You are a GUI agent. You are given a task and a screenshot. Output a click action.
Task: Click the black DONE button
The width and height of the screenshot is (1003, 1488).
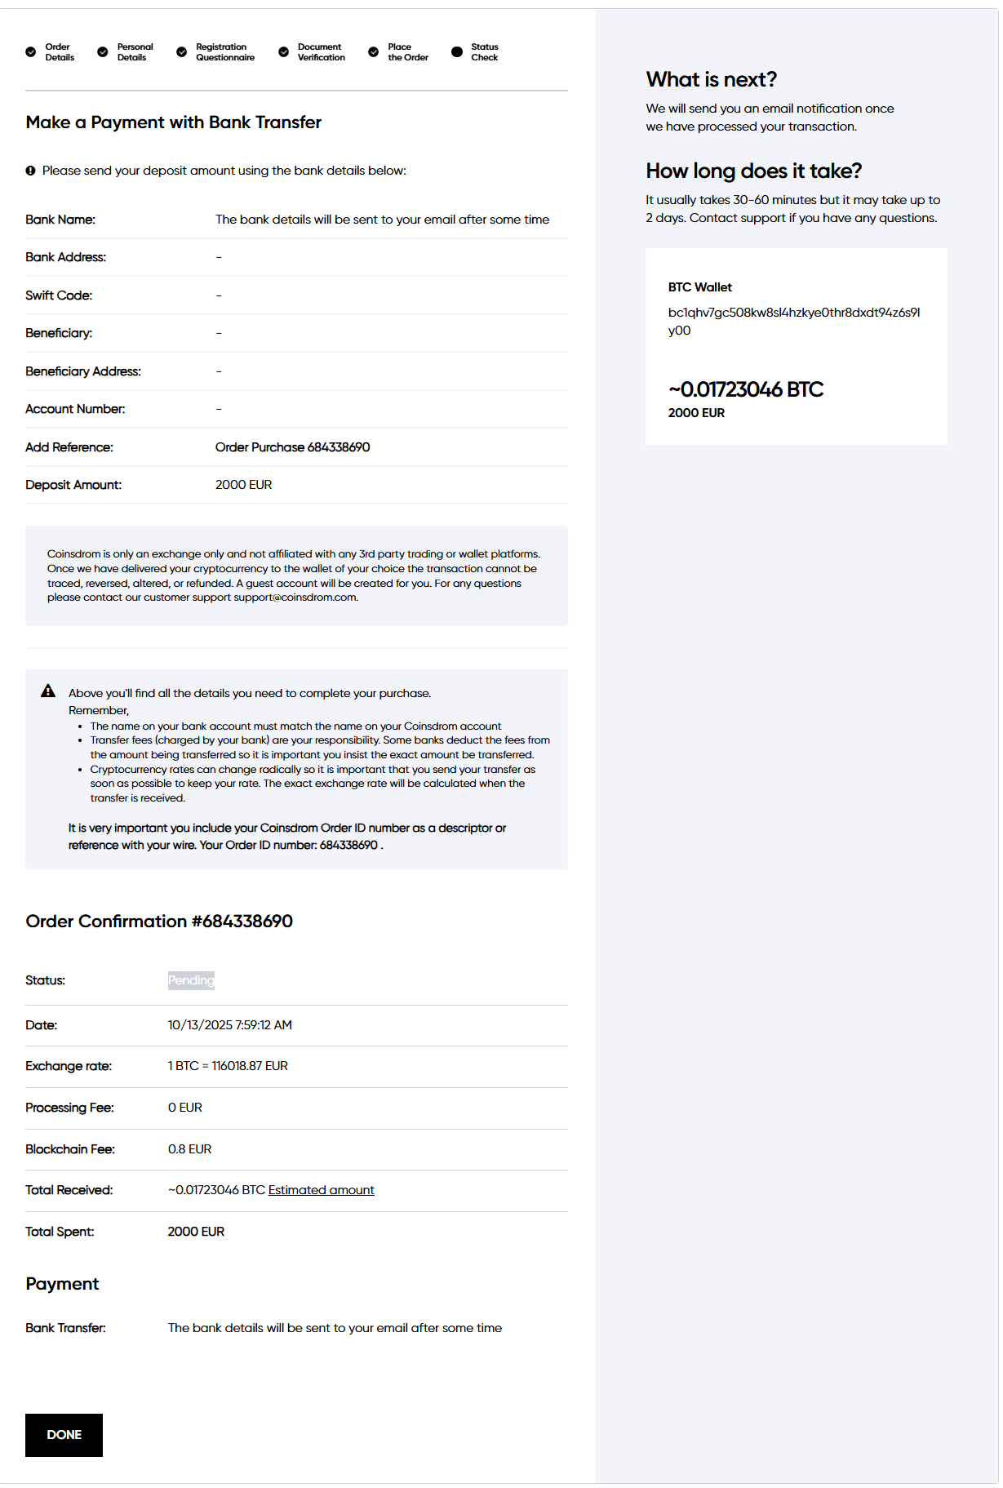[x=64, y=1435]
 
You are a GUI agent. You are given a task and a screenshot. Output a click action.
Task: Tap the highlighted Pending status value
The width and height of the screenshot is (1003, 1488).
[x=191, y=980]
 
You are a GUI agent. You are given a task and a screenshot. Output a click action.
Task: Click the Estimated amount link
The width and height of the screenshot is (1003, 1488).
[x=321, y=1190]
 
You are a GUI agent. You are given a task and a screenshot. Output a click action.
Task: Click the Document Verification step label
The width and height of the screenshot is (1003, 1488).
[x=321, y=52]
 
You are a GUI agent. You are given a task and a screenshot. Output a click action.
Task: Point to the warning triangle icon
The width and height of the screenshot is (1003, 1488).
[x=48, y=691]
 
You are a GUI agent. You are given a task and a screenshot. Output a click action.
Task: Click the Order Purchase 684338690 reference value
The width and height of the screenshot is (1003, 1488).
[x=292, y=447]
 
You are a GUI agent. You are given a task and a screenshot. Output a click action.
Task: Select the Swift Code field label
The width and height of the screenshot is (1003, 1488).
[x=59, y=295]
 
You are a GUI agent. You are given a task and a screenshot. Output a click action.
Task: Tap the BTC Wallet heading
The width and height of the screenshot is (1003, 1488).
[x=699, y=287]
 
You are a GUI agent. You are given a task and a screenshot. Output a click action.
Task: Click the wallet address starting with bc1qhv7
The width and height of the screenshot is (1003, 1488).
[x=793, y=321]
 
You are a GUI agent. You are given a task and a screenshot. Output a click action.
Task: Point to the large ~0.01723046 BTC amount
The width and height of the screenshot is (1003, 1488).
[x=745, y=389]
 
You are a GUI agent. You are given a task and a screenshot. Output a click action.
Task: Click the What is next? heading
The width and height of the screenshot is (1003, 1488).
[x=711, y=79]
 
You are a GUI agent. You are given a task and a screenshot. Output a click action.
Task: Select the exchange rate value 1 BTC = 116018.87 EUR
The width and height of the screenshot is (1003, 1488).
[x=228, y=1066]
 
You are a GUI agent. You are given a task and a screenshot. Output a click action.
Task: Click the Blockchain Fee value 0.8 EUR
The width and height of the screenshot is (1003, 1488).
[x=189, y=1149]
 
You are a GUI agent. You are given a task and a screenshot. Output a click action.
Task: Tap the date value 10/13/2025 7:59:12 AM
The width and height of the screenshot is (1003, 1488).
[x=229, y=1025]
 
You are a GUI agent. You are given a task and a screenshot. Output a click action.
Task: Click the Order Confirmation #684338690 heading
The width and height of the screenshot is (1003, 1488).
[x=159, y=922]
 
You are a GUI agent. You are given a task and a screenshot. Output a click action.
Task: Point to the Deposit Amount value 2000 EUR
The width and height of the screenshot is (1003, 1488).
[x=243, y=485]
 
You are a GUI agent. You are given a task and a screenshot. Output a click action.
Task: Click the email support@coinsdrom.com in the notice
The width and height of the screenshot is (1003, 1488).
[x=295, y=597]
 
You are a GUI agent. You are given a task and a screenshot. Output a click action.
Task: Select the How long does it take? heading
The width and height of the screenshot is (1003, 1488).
[x=753, y=171]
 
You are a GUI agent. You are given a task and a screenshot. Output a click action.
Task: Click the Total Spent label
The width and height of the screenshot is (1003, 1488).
[x=60, y=1232]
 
